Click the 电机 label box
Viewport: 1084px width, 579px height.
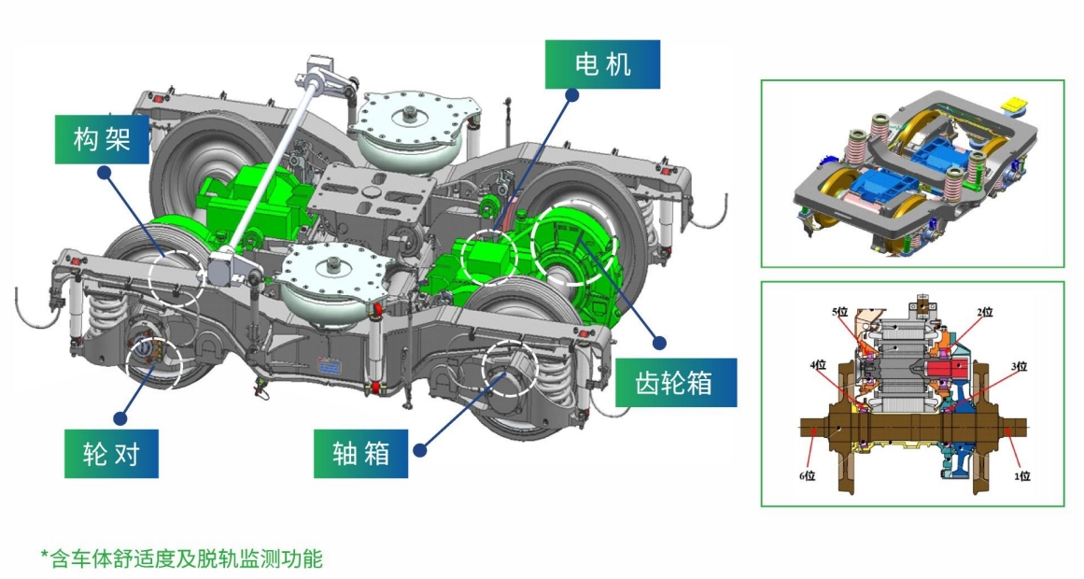(x=602, y=64)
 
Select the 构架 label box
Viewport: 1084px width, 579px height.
(x=101, y=140)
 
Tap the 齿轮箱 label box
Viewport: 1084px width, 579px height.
(x=675, y=383)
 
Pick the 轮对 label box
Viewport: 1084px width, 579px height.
(x=111, y=454)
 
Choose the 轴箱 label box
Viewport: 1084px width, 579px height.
(x=359, y=454)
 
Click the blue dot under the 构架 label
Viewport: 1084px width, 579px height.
(x=105, y=174)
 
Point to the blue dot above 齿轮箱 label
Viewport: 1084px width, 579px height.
(x=659, y=343)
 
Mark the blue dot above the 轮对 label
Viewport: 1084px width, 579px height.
(x=119, y=417)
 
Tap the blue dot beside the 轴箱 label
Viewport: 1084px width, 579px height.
(x=419, y=450)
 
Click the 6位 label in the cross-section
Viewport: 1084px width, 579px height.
(x=806, y=475)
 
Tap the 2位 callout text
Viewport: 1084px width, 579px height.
(x=984, y=311)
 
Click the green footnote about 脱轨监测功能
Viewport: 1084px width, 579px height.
(x=181, y=559)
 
